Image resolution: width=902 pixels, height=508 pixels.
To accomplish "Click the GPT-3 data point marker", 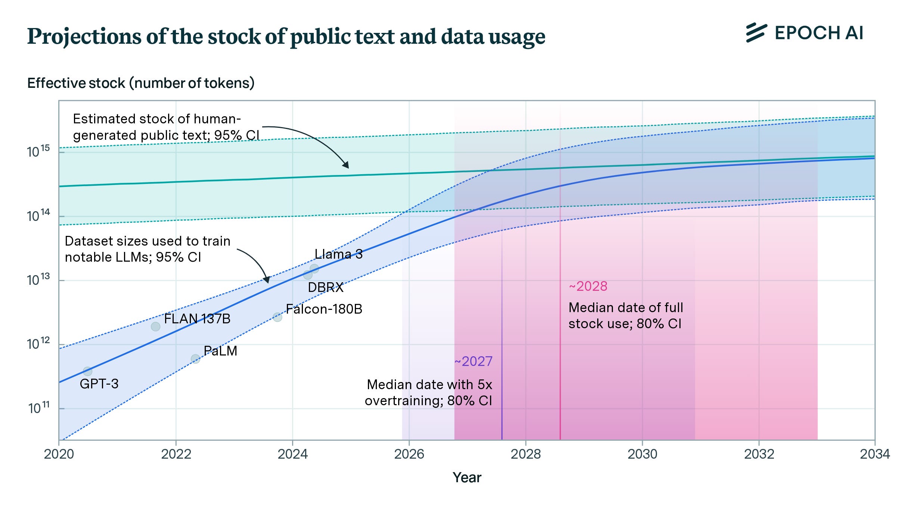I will (x=87, y=371).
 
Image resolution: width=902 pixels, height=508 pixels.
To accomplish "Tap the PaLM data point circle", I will (x=195, y=359).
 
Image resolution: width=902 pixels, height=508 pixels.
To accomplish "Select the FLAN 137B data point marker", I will (x=155, y=327).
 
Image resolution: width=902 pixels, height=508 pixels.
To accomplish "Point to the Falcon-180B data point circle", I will (x=277, y=317).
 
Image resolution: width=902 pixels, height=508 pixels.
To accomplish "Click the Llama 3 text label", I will (x=338, y=254).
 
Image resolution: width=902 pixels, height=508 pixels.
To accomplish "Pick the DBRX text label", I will (x=325, y=287).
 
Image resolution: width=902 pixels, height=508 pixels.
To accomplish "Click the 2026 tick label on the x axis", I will (x=409, y=454).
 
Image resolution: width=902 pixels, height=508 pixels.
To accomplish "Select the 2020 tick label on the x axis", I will (x=59, y=454).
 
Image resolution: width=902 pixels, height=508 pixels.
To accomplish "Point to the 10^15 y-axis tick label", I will (x=38, y=151).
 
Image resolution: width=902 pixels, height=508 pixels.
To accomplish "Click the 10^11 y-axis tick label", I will (x=39, y=408).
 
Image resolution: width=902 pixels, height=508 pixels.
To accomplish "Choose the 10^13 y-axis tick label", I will (x=38, y=280).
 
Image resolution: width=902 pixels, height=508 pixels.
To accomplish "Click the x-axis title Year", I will (x=467, y=477).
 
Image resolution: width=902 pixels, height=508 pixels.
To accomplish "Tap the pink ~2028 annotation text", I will (x=588, y=286).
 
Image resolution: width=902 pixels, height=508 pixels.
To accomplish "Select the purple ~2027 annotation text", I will (x=473, y=361).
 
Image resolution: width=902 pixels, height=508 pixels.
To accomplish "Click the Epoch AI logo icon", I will (x=756, y=33).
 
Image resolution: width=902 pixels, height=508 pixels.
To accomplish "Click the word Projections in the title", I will (x=84, y=37).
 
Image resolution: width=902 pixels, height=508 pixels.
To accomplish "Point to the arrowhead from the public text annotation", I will (x=346, y=165).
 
